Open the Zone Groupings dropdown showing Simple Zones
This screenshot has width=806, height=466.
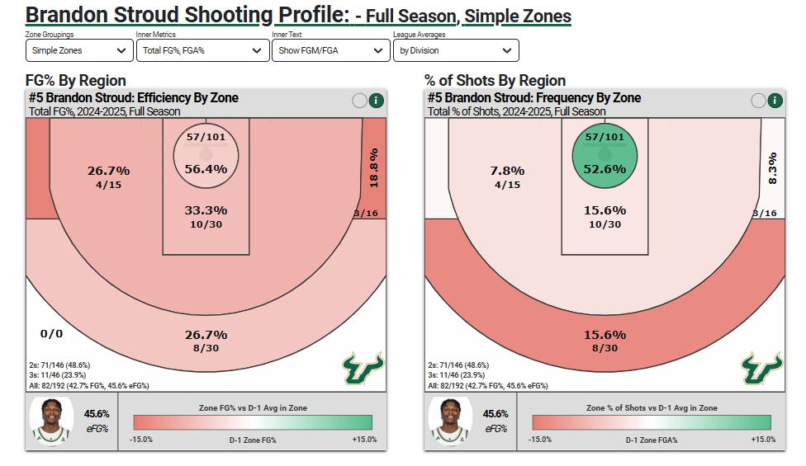[79, 50]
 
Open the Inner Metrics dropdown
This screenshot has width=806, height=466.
[202, 50]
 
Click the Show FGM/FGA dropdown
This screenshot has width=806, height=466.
[330, 50]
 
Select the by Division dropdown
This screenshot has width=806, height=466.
[456, 50]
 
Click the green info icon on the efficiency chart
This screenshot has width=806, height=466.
[376, 101]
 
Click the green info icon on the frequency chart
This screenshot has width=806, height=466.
[775, 101]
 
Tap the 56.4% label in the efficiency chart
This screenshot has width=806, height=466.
[206, 169]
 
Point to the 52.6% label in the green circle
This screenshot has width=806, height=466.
[604, 169]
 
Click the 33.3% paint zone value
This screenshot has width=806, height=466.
[206, 210]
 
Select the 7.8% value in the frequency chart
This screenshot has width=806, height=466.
[507, 171]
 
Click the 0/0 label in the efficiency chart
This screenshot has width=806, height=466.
[51, 333]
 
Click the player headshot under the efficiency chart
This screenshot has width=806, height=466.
[51, 420]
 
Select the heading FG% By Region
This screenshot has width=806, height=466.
[76, 80]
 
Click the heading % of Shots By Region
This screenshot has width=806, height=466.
[495, 80]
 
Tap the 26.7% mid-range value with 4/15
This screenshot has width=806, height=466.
[108, 171]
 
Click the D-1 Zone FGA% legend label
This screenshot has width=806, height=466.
[652, 440]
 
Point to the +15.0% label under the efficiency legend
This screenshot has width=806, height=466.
[364, 440]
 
